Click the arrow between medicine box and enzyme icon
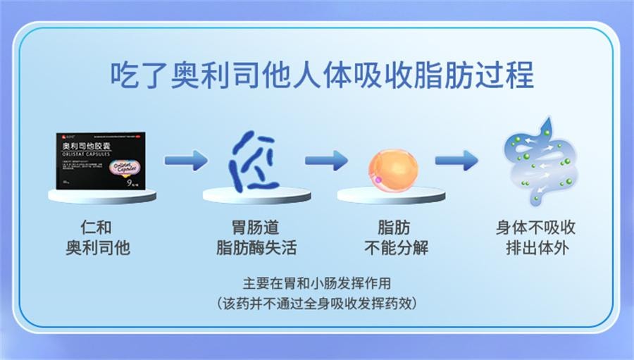185,161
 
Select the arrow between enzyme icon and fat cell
325,161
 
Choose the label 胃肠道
256,228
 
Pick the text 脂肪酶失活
256,248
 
